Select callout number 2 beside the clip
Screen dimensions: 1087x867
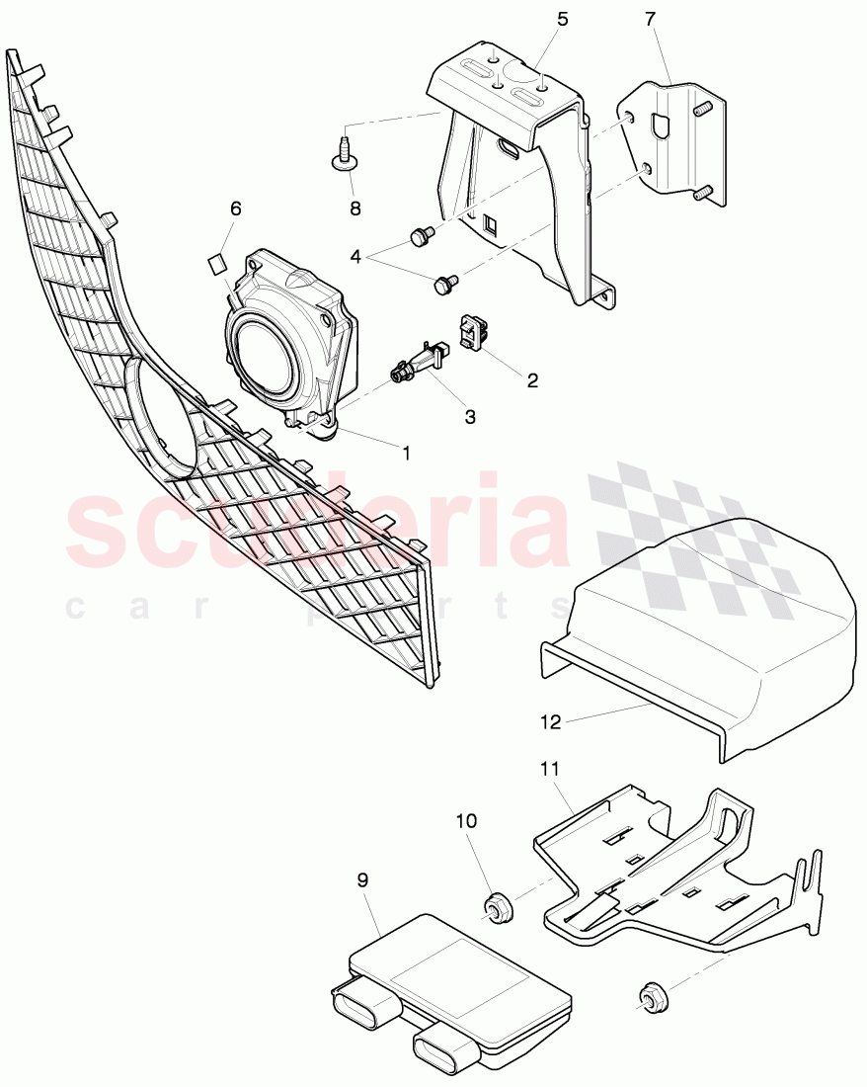532,379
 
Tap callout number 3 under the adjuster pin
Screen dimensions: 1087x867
470,417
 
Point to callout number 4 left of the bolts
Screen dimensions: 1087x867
355,256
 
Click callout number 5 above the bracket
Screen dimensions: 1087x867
563,19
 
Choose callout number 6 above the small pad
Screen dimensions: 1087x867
235,209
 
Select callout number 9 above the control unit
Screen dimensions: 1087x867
362,879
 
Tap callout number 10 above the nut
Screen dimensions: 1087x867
466,821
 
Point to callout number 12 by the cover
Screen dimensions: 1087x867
550,722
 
